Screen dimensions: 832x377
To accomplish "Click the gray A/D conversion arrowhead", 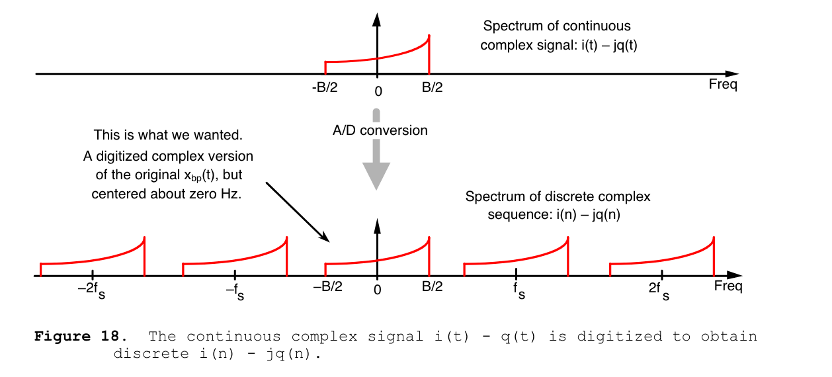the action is click(x=376, y=175).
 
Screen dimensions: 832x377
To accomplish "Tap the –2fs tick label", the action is click(x=91, y=291).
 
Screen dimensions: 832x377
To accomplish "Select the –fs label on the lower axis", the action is click(x=235, y=292).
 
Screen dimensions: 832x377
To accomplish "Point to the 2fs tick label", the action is click(x=659, y=292).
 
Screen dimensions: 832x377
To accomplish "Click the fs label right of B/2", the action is click(x=519, y=291).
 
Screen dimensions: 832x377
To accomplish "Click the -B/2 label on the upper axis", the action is click(x=325, y=87).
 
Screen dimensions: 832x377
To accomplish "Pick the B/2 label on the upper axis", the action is click(x=432, y=87).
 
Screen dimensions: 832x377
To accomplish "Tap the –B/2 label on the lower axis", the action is click(x=327, y=286).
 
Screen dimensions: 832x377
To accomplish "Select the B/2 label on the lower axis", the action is click(x=432, y=286).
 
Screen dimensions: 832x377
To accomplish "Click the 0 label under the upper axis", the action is click(x=378, y=91).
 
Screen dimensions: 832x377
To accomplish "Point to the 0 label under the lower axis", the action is click(x=378, y=290).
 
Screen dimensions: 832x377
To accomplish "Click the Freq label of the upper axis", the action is click(x=723, y=84).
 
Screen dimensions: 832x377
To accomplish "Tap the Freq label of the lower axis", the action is click(x=728, y=286).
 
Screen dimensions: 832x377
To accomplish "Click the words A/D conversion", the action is click(x=380, y=130).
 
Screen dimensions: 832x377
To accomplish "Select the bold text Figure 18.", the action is click(x=81, y=336).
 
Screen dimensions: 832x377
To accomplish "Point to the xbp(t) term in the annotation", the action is click(x=200, y=175).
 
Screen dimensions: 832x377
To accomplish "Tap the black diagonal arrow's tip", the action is click(x=329, y=242).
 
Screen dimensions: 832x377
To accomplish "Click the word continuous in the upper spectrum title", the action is click(x=596, y=26).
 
